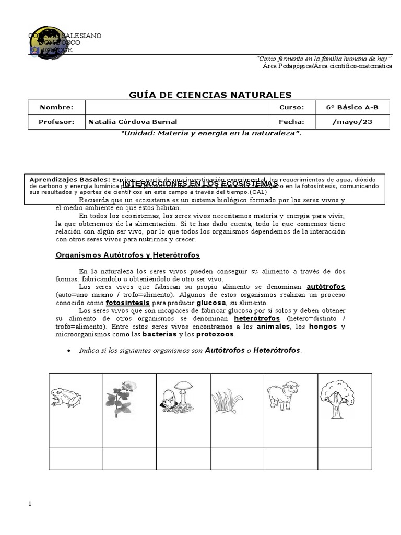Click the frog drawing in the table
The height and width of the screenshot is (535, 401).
66,398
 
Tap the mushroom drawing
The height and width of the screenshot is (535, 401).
177,398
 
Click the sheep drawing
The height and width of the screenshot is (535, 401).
282,397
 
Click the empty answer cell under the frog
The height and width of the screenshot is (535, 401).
76,458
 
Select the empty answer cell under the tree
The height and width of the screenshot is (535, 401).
345,458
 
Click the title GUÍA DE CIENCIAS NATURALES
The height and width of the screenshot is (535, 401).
210,95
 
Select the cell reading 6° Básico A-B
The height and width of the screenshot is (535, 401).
351,108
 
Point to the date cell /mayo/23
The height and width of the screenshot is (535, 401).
352,122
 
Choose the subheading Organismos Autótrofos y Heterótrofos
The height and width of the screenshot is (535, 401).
128,255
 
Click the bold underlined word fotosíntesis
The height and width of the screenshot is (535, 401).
127,303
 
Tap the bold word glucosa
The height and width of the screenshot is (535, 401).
211,303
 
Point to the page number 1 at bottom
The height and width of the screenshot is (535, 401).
30,504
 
